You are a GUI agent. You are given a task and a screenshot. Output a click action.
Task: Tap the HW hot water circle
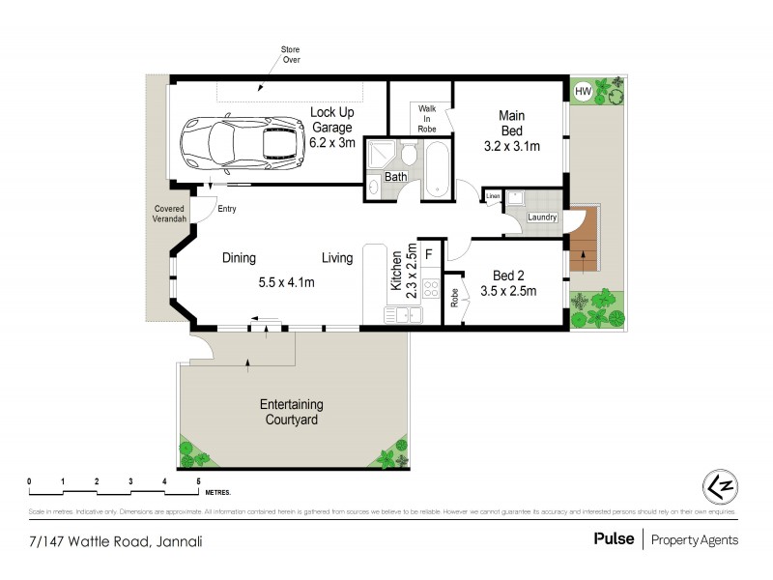click(582, 92)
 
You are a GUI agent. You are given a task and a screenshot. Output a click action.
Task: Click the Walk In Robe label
click(427, 118)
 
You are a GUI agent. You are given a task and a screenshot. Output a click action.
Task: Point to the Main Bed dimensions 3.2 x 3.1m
click(511, 147)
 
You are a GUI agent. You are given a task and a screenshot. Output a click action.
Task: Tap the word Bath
click(396, 177)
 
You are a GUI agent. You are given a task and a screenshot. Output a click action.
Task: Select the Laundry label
click(542, 217)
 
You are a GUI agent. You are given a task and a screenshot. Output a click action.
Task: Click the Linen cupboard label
click(493, 197)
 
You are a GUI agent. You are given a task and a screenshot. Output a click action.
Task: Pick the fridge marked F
click(428, 255)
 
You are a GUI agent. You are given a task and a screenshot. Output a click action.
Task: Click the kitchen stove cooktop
click(429, 291)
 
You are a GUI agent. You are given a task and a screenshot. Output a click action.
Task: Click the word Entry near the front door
click(227, 209)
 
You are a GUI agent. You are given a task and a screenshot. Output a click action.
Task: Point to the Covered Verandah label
click(169, 215)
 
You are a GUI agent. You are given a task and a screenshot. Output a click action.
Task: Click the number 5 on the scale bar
click(198, 480)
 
